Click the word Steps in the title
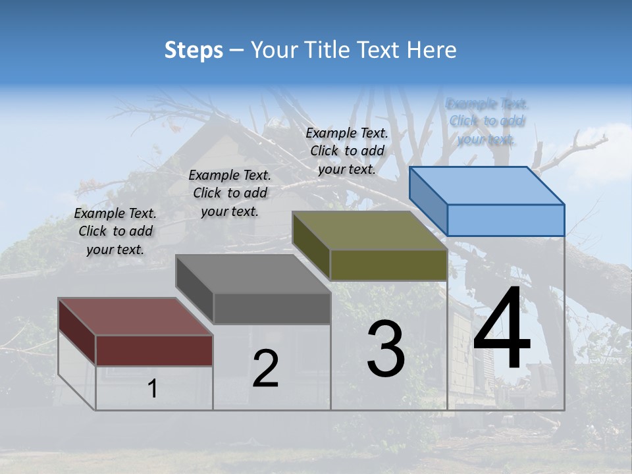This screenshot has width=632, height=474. coord(194,50)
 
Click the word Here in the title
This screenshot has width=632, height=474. coord(432,50)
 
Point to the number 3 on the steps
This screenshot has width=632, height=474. coord(386,349)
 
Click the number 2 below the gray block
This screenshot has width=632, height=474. coord(265,368)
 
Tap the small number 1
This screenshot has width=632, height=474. coord(153,388)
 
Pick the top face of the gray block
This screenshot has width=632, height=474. coord(253,274)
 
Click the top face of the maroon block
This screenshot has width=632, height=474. coord(136,317)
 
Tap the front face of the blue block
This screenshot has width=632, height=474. coord(506,220)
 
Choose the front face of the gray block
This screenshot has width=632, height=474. coord(272,308)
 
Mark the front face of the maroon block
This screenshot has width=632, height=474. coord(154,350)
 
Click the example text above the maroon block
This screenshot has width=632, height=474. coord(116,231)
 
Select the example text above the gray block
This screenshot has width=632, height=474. coord(230,193)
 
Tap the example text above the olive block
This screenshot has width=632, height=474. coord(347,151)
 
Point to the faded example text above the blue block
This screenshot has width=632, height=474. coord(487,121)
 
